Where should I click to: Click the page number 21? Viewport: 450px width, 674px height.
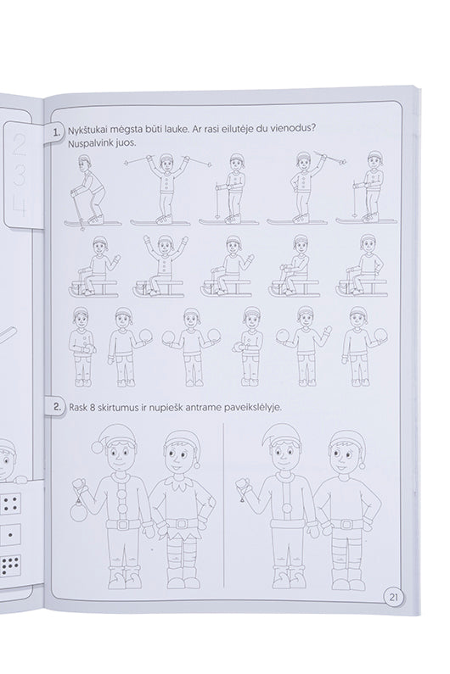(394, 597)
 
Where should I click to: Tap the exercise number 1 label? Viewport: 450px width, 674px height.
(57, 132)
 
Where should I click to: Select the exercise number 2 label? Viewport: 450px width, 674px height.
(57, 407)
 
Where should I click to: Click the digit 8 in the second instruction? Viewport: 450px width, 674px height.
(93, 408)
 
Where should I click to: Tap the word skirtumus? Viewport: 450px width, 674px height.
(117, 408)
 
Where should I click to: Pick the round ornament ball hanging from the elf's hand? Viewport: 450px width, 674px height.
(79, 513)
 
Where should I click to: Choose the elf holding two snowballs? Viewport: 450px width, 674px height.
(190, 346)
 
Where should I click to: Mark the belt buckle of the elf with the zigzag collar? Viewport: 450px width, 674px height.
(181, 523)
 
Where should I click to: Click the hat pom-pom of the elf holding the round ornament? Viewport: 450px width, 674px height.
(98, 447)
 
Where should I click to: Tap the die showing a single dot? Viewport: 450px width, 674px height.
(10, 536)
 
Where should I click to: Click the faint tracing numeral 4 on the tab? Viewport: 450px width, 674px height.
(20, 207)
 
